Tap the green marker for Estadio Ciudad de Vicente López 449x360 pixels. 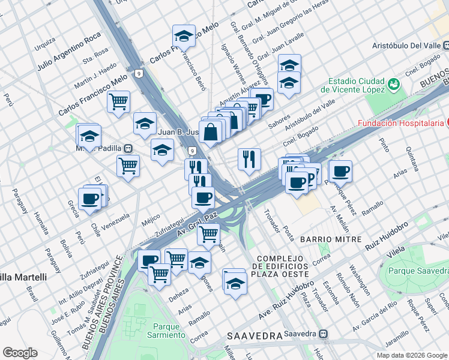coord(394,83)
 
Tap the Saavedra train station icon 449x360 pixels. coord(324,333)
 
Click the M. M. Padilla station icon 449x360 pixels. coord(128,148)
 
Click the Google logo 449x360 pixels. coord(20,352)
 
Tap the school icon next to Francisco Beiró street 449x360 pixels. coord(184,35)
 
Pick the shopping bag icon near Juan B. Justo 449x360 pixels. coord(211,132)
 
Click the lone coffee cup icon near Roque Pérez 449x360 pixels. coord(341,171)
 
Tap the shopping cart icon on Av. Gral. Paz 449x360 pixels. coord(209,233)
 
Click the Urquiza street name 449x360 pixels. coord(45,44)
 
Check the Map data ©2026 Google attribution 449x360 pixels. coord(411,355)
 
